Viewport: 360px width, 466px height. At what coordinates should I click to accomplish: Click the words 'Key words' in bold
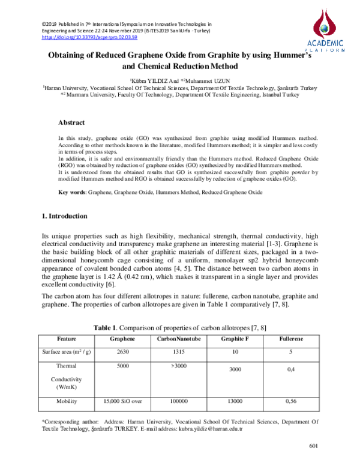click(71, 192)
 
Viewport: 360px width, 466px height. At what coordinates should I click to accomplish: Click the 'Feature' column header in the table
click(66, 339)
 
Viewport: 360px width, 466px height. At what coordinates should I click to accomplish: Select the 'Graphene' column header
click(122, 339)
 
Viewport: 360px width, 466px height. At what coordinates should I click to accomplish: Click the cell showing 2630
click(122, 353)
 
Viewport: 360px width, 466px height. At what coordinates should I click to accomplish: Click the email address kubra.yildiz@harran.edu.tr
click(206, 431)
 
